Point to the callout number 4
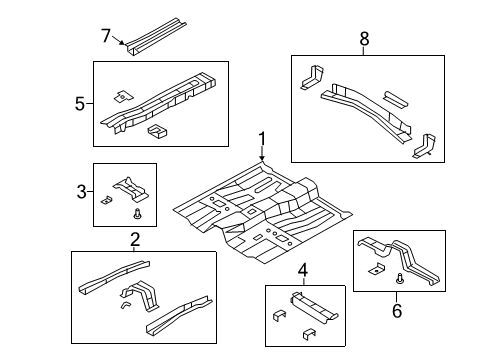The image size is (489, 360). pyautogui.click(x=302, y=269)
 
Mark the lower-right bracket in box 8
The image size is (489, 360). pyautogui.click(x=424, y=145)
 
